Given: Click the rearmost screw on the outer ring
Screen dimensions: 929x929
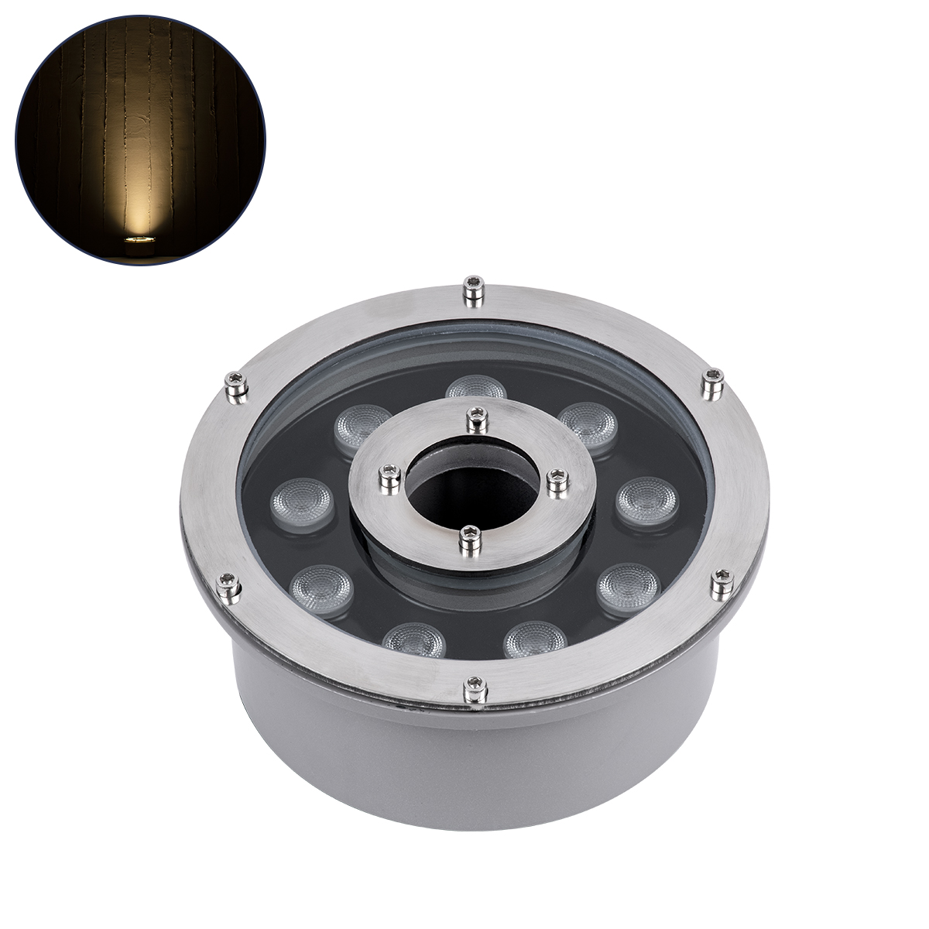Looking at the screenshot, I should coord(472,290).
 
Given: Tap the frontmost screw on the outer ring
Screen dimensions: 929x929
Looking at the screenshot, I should coord(475,688).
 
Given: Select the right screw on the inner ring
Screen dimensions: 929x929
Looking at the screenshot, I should coord(557,482).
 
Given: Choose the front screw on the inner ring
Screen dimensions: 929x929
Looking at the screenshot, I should coord(468,540).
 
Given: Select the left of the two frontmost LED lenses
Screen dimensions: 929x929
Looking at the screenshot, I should coord(413,639).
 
